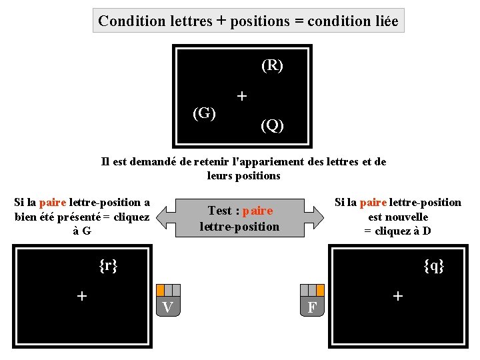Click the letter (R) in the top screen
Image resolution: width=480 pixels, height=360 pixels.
point(272,65)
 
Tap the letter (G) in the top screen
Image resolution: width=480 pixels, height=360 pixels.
point(204,113)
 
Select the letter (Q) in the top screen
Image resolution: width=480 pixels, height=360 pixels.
point(272,125)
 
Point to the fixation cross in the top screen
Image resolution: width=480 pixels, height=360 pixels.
point(241,96)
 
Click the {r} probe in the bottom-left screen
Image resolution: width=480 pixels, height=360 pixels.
point(107,266)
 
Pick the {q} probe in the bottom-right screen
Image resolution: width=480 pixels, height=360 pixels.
point(434,266)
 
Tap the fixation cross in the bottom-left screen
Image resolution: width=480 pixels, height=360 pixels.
point(82,295)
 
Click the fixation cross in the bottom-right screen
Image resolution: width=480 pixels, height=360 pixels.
point(398,295)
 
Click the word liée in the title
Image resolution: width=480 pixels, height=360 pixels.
point(383,21)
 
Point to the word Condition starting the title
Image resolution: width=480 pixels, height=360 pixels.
point(131,21)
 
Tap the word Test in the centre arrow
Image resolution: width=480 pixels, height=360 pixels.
point(219,211)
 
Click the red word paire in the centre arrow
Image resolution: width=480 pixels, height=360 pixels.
point(258,211)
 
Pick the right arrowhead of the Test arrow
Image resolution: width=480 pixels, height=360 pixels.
point(311,218)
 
